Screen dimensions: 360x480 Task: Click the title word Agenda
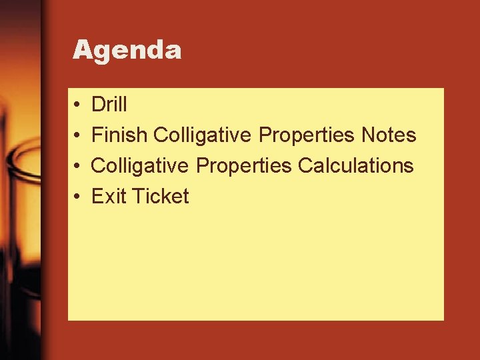pyautogui.click(x=127, y=50)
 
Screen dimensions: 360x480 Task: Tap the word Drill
pyautogui.click(x=109, y=105)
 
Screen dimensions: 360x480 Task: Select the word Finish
pyautogui.click(x=119, y=135)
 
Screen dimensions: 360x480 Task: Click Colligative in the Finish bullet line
pyautogui.click(x=202, y=135)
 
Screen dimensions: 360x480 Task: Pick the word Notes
pyautogui.click(x=389, y=135)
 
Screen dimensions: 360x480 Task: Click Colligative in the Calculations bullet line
pyautogui.click(x=140, y=166)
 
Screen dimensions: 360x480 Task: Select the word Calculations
pyautogui.click(x=356, y=166)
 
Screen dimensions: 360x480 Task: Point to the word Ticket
pyautogui.click(x=161, y=197)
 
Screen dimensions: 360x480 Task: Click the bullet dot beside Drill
pyautogui.click(x=77, y=105)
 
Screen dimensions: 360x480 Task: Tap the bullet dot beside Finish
pyautogui.click(x=77, y=136)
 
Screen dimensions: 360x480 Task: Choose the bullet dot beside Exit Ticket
pyautogui.click(x=77, y=197)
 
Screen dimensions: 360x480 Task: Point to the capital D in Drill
pyautogui.click(x=98, y=105)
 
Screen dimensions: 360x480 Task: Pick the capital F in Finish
pyautogui.click(x=97, y=135)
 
